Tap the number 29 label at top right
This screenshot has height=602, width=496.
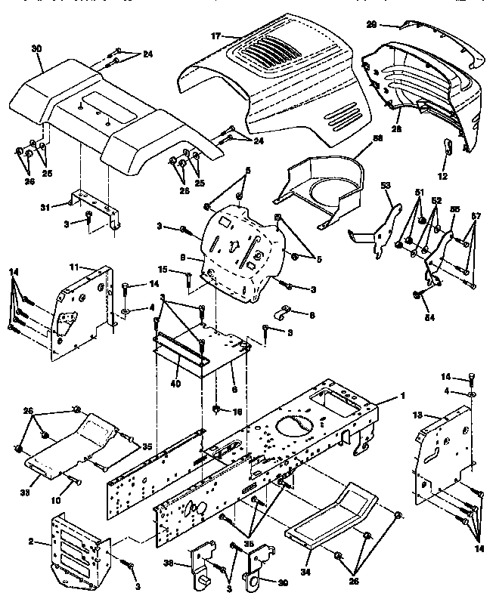(372, 25)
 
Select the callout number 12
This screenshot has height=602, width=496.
(444, 176)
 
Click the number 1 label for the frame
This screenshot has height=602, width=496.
(403, 397)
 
